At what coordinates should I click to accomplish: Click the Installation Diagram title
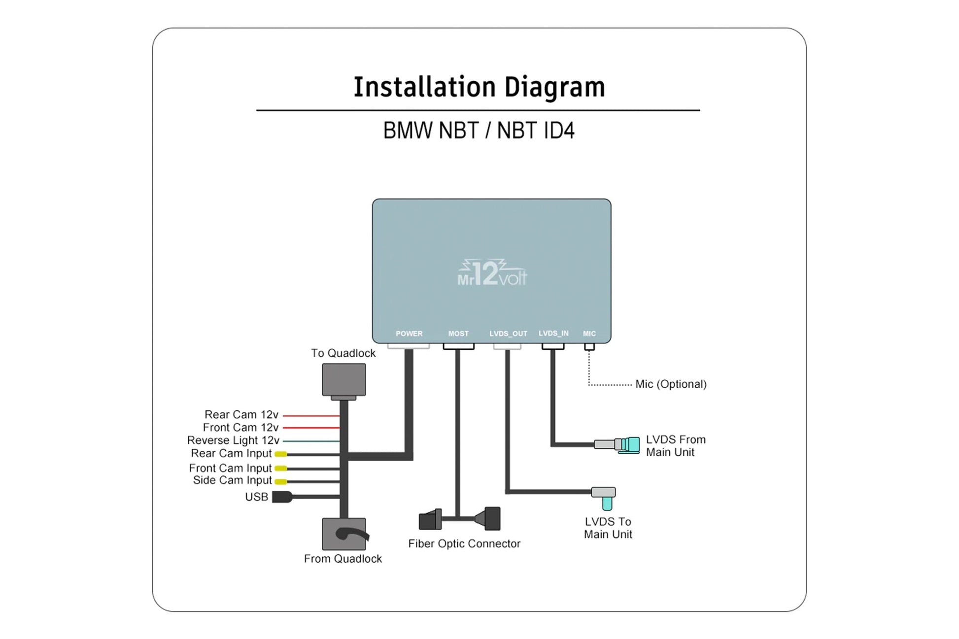[479, 87]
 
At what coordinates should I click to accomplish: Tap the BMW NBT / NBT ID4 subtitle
[479, 131]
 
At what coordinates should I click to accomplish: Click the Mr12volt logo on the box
[492, 273]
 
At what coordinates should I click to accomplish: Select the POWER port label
[409, 334]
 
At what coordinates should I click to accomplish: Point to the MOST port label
[458, 334]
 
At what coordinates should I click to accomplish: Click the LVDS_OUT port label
[508, 334]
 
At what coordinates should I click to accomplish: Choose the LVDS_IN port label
[553, 333]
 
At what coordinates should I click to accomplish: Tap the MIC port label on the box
[589, 334]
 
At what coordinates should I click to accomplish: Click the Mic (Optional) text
[671, 384]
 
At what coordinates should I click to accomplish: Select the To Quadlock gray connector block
[344, 379]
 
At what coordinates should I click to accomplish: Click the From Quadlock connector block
[344, 534]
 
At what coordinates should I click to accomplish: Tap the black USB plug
[282, 497]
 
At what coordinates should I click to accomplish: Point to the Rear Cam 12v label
[241, 415]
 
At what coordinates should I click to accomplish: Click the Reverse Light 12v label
[233, 440]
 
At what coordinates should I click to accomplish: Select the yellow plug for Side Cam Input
[281, 481]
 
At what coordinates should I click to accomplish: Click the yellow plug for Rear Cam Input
[281, 454]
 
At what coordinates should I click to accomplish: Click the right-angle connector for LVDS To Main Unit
[605, 497]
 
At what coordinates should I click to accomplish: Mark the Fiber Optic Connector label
[464, 544]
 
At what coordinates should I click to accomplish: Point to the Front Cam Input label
[230, 468]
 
